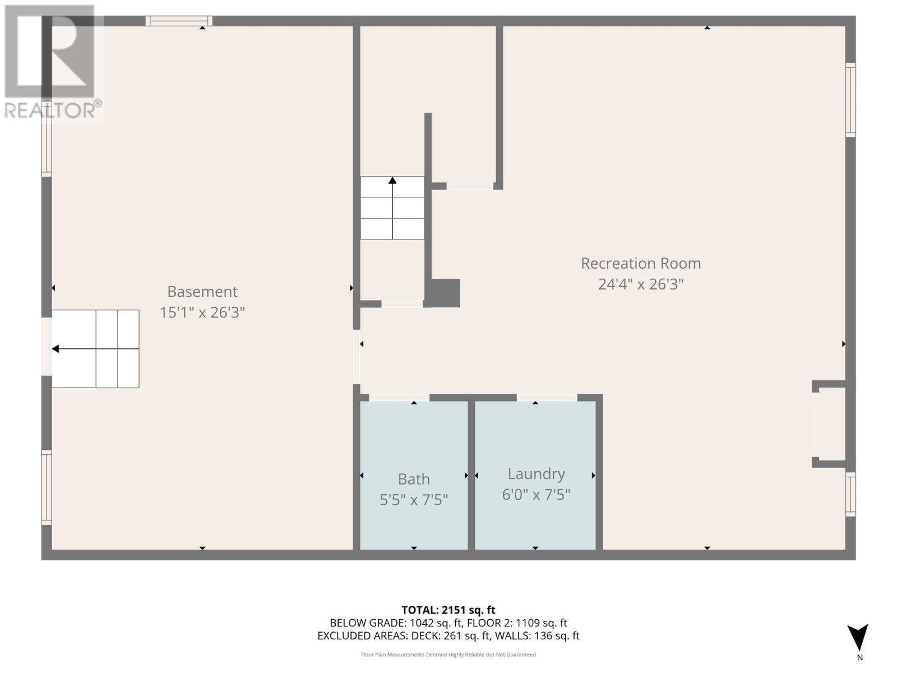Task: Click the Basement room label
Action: pyautogui.click(x=202, y=292)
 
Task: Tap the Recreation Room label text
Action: pyautogui.click(x=640, y=263)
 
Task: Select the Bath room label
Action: pyautogui.click(x=414, y=479)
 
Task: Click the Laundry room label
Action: pyautogui.click(x=536, y=474)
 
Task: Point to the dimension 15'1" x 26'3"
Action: pyautogui.click(x=202, y=312)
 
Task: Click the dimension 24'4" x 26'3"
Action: pyautogui.click(x=640, y=284)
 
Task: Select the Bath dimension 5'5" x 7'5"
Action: pyautogui.click(x=414, y=500)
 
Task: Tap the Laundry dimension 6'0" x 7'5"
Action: pyautogui.click(x=536, y=495)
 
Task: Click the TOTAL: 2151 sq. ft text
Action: pyautogui.click(x=448, y=610)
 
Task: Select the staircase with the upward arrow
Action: pyautogui.click(x=392, y=208)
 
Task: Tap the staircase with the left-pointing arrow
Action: pyautogui.click(x=95, y=349)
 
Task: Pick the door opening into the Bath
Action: pyautogui.click(x=399, y=398)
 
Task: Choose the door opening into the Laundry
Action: pyautogui.click(x=547, y=398)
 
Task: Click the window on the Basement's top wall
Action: pyautogui.click(x=179, y=21)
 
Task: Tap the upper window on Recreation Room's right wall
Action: pyautogui.click(x=850, y=100)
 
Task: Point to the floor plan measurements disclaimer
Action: pyautogui.click(x=448, y=654)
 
